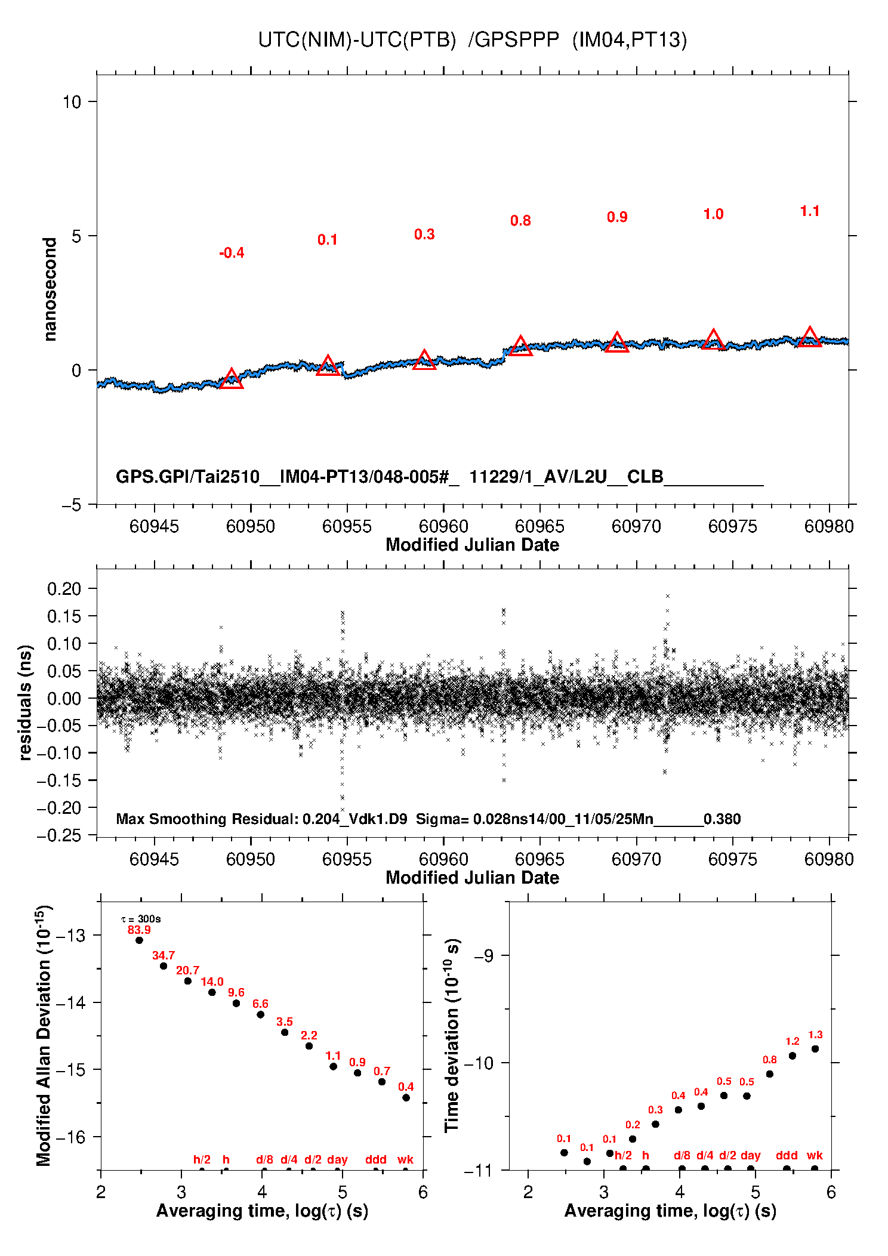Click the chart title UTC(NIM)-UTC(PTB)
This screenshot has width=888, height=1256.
click(357, 40)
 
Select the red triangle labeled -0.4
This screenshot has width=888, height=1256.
click(232, 379)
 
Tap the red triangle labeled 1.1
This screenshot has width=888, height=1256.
click(809, 338)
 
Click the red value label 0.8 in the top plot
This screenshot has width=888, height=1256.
click(520, 221)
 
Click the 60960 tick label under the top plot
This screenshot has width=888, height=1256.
click(443, 526)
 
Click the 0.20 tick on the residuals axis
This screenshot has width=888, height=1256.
click(64, 589)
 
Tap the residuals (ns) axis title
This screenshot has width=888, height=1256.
click(24, 703)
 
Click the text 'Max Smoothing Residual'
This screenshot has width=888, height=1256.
click(206, 819)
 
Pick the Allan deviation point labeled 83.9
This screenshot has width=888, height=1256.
click(139, 940)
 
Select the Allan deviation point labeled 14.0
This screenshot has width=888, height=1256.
click(212, 992)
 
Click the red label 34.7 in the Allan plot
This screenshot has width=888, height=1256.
click(164, 956)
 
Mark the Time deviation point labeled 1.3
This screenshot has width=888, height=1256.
click(815, 1049)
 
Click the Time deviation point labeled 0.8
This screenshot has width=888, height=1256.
click(770, 1074)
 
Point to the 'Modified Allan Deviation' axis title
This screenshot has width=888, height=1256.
click(44, 1036)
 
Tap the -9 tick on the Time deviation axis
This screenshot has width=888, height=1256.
click(484, 956)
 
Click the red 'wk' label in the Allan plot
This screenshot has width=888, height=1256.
click(405, 1159)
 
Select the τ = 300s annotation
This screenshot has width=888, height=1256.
click(141, 919)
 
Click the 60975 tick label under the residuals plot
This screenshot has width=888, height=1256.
click(732, 859)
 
